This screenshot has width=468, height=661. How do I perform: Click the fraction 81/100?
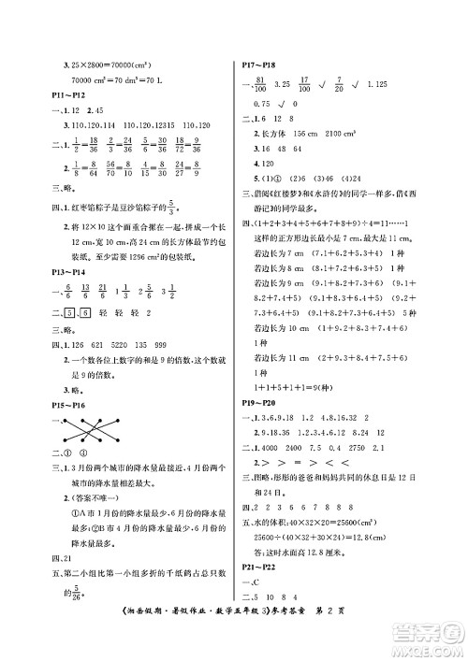262,85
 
